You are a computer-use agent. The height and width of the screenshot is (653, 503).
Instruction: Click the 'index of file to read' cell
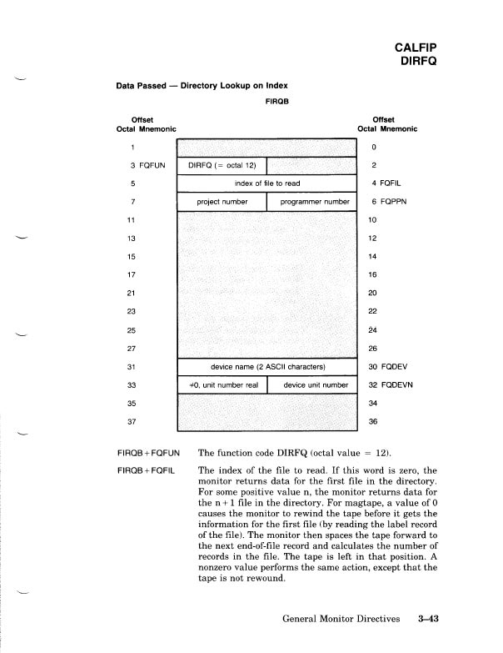(x=266, y=183)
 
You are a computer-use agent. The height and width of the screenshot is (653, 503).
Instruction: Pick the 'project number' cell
(x=221, y=202)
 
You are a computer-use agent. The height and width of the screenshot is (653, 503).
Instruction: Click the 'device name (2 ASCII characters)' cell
(x=266, y=366)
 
